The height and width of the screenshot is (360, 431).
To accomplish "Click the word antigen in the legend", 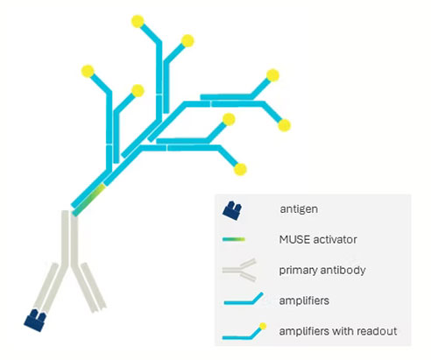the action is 299,209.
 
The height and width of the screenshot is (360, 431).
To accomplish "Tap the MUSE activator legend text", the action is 318,240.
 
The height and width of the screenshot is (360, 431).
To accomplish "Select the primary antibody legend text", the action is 322,270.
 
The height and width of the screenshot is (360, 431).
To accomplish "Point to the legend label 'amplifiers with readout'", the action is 338,331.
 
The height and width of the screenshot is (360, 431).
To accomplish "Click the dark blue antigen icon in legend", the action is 232,210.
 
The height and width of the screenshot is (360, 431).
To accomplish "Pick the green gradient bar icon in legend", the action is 234,240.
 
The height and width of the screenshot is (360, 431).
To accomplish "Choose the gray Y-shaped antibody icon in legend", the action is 239,270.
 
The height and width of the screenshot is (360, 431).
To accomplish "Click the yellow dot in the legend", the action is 263,327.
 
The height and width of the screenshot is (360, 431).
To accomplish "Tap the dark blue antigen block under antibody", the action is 35,321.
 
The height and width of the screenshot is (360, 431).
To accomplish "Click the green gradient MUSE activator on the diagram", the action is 88,200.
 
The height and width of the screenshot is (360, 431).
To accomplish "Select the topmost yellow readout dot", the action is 138,21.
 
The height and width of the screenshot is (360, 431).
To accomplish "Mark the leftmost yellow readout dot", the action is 88,72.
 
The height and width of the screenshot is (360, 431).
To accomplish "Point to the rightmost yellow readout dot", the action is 284,125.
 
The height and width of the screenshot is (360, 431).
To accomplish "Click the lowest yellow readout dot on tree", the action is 240,169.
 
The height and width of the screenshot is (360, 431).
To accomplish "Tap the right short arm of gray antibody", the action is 94,287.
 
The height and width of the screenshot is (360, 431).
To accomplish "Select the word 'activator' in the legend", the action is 335,240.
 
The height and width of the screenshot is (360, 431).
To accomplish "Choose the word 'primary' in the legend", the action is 298,271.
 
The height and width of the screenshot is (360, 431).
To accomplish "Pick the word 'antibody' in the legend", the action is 343,270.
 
